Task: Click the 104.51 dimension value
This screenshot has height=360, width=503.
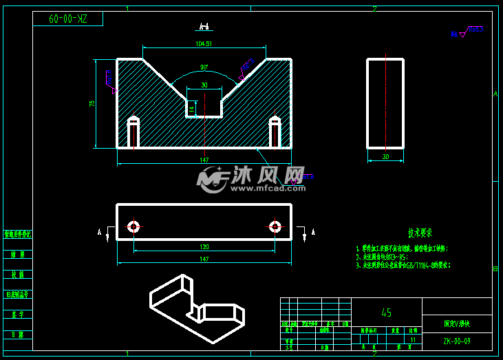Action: tap(204, 43)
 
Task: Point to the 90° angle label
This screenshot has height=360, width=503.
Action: tap(204, 67)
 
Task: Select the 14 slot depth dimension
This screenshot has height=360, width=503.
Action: tap(192, 108)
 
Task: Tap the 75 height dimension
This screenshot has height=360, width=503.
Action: tap(92, 103)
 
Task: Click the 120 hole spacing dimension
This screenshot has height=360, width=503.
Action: tap(204, 246)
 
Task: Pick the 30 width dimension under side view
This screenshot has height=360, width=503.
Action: tap(385, 156)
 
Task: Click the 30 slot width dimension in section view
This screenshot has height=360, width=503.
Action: tap(204, 85)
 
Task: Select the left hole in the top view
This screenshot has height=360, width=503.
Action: tap(133, 226)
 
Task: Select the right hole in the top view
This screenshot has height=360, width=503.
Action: tap(275, 226)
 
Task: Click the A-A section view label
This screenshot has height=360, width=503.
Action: tap(203, 27)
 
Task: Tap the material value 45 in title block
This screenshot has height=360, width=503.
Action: tap(386, 313)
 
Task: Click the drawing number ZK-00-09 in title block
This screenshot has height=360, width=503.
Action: tap(456, 340)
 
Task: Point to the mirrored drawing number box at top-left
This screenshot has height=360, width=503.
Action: tap(67, 19)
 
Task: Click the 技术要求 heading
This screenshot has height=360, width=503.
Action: tap(420, 233)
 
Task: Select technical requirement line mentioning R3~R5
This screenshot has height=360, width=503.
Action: tap(392, 256)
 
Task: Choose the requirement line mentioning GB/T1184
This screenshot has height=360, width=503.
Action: tap(406, 264)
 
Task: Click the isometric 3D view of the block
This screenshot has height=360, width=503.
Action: tap(196, 307)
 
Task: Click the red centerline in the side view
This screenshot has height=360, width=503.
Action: tap(385, 103)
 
